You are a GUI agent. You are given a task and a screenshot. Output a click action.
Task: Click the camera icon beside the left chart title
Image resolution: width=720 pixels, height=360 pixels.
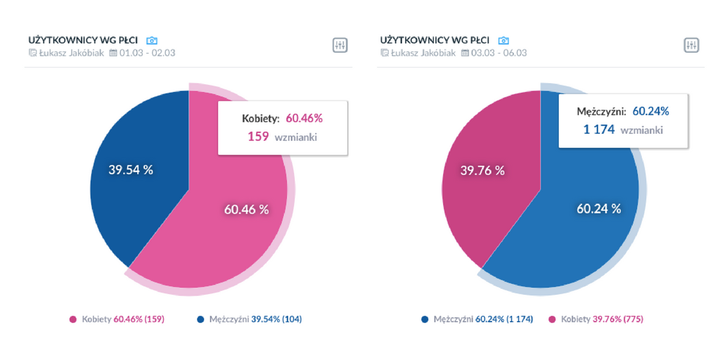(x=152, y=41)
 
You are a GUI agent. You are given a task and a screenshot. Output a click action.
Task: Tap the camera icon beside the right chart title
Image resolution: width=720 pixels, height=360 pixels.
(x=503, y=41)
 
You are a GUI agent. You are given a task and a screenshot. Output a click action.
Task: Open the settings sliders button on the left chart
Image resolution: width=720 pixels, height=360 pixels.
(x=340, y=46)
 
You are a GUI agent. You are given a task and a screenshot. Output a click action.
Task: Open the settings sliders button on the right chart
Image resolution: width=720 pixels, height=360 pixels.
(x=691, y=46)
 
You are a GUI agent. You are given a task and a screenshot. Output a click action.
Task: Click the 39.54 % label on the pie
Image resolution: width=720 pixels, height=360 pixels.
(x=131, y=170)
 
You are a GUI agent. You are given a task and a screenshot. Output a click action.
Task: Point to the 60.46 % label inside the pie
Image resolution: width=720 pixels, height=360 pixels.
(x=246, y=209)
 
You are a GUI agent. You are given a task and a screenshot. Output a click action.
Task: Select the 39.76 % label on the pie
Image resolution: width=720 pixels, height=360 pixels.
(x=482, y=170)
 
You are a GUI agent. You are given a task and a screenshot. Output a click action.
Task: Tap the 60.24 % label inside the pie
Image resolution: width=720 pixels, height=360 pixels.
(x=598, y=208)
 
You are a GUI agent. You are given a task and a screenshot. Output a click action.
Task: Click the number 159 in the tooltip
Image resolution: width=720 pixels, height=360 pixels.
(x=258, y=136)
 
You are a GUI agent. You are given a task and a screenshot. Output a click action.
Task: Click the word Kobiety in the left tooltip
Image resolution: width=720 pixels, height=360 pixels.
(x=261, y=118)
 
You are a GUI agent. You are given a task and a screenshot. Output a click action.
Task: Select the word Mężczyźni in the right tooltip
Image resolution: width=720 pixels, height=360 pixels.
(x=601, y=111)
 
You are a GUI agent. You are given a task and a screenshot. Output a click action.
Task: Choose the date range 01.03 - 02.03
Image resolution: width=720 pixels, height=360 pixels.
(x=147, y=53)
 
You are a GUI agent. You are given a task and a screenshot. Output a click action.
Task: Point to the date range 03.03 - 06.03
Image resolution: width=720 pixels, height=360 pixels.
(x=499, y=53)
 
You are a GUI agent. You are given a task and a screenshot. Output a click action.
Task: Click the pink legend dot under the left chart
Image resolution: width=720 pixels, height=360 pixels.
(x=73, y=319)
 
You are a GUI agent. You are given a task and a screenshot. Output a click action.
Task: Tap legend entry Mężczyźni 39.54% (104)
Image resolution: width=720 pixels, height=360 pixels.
(x=255, y=319)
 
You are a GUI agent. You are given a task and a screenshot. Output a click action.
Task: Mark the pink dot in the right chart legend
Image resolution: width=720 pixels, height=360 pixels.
(x=552, y=319)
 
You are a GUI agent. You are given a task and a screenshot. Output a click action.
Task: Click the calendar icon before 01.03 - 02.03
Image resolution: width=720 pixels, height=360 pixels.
(x=113, y=53)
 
